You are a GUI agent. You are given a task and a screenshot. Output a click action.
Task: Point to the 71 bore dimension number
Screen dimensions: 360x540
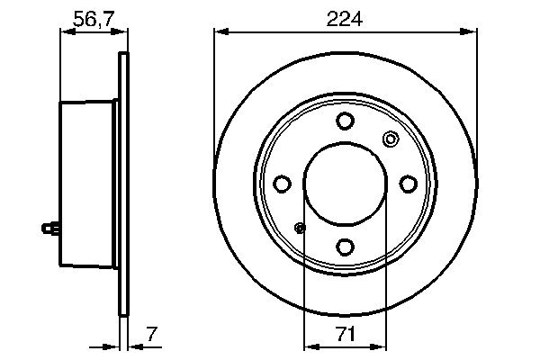tap(345, 334)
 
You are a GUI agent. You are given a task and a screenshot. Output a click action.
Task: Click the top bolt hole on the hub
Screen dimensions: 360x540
tap(345, 121)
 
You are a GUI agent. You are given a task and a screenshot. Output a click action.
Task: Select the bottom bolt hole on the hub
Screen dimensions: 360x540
tap(345, 245)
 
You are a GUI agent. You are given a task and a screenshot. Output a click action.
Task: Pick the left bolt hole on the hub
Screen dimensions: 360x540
tap(283, 184)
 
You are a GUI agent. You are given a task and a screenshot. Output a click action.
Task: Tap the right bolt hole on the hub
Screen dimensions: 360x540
tap(407, 184)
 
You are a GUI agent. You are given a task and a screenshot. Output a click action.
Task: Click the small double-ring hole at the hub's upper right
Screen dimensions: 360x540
tap(390, 139)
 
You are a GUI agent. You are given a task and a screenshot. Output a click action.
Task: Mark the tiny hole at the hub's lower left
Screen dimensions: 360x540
tap(301, 228)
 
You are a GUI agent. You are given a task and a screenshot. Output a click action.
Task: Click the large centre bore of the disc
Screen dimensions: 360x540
tap(345, 184)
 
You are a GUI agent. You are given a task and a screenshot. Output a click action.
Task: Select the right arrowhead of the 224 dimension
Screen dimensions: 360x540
tap(471, 32)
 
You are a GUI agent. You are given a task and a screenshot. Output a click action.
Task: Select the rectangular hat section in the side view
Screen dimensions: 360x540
tap(88, 184)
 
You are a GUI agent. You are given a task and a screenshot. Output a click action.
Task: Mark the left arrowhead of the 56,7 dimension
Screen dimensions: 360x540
tap(65, 32)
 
